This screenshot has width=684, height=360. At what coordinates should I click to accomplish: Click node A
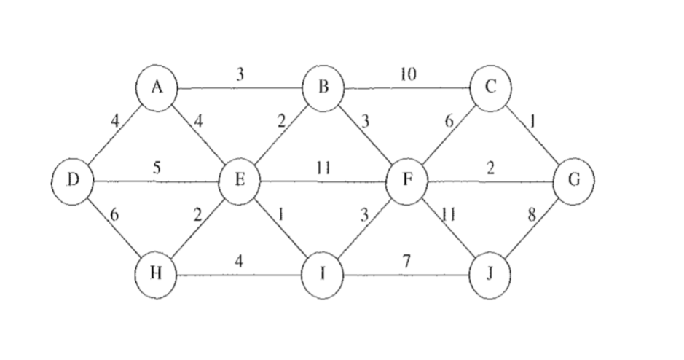click(x=156, y=89)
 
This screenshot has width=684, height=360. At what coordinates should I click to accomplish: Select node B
click(x=324, y=88)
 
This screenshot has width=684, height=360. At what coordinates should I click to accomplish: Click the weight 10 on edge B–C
click(x=409, y=74)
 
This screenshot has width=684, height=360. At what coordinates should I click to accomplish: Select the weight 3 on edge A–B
click(x=239, y=75)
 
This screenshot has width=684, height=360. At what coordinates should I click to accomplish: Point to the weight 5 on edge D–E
click(x=157, y=168)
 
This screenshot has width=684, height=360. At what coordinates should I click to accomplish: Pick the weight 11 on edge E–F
click(x=324, y=168)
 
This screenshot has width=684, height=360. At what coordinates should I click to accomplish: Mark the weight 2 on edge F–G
click(x=490, y=168)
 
